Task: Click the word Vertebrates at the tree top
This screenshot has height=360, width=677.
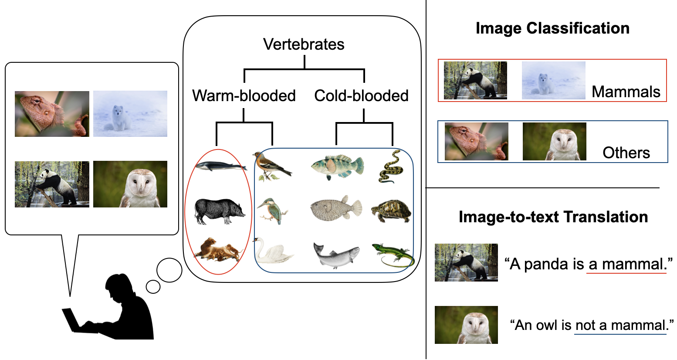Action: pyautogui.click(x=304, y=44)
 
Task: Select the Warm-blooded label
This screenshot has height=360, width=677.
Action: pyautogui.click(x=244, y=95)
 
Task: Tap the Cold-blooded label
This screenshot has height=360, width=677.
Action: pyautogui.click(x=361, y=95)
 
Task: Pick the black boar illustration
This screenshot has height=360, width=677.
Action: pyautogui.click(x=219, y=211)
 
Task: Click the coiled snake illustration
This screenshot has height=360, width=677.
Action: pyautogui.click(x=389, y=167)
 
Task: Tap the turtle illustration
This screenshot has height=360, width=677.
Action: pyautogui.click(x=391, y=211)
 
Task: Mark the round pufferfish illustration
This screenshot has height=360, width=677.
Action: pyautogui.click(x=335, y=209)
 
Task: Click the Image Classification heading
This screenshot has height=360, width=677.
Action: pyautogui.click(x=552, y=28)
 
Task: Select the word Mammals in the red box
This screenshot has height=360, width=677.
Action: pyautogui.click(x=626, y=92)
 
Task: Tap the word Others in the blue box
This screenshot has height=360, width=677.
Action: pyautogui.click(x=626, y=153)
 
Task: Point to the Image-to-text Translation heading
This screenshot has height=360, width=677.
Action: pyautogui.click(x=553, y=217)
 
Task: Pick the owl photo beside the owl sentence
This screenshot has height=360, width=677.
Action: pyautogui.click(x=466, y=325)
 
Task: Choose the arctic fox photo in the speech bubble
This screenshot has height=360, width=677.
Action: pyautogui.click(x=130, y=114)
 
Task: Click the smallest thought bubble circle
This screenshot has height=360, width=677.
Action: pyautogui.click(x=153, y=286)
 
